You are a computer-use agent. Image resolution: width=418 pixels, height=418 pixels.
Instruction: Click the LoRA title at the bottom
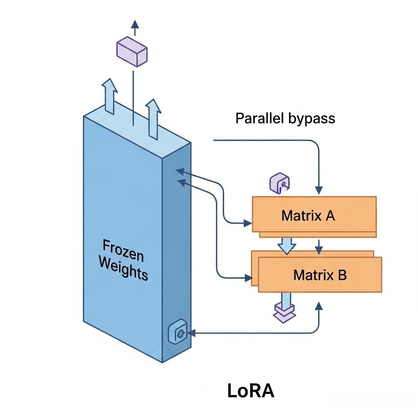[251, 391]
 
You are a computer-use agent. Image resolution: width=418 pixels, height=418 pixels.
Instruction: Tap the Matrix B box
[320, 274]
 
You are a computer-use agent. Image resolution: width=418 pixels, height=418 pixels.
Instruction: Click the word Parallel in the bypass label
[260, 118]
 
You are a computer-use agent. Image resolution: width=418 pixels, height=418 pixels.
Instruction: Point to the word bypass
[311, 119]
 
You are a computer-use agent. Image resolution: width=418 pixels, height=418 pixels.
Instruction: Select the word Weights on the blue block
[123, 268]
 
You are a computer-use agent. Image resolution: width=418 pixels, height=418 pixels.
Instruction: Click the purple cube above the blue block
[132, 51]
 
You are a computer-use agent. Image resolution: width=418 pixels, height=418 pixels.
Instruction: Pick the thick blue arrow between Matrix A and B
[287, 245]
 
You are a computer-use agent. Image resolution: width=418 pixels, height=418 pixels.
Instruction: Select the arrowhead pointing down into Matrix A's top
[319, 190]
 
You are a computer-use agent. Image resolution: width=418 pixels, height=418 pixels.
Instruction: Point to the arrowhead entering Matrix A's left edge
[247, 223]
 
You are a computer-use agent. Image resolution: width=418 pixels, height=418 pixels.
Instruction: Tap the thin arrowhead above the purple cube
[135, 24]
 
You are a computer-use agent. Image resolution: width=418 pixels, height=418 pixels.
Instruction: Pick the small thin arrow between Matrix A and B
[319, 246]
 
